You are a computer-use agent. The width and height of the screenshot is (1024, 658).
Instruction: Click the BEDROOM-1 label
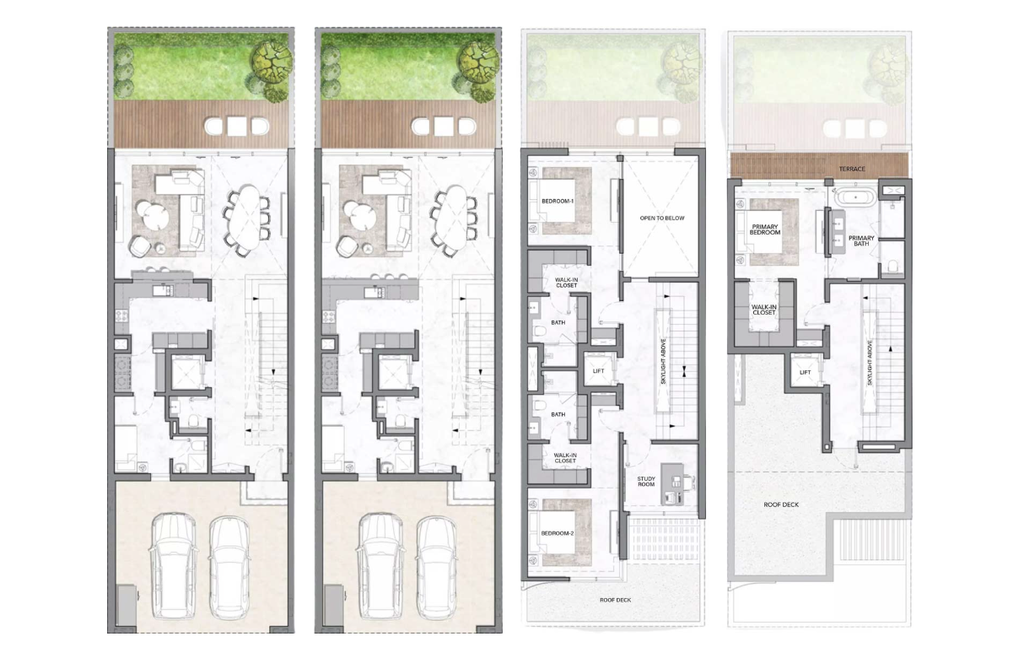click(558, 201)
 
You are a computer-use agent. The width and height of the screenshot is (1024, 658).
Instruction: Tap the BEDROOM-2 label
click(558, 533)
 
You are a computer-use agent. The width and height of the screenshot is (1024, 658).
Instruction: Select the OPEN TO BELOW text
click(662, 218)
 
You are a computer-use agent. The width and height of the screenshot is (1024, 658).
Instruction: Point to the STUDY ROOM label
click(646, 482)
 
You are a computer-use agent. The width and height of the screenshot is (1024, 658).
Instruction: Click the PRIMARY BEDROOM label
click(765, 229)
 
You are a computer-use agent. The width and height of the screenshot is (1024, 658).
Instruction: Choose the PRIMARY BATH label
click(861, 241)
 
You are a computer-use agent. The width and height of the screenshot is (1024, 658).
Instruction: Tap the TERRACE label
click(852, 170)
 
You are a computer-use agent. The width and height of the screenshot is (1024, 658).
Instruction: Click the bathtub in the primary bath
click(855, 197)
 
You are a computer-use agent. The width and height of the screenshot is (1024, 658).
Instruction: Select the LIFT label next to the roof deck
click(805, 373)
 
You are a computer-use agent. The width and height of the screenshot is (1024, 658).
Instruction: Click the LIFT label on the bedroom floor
click(598, 371)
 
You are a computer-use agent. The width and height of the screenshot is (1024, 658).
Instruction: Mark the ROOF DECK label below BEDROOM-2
click(615, 600)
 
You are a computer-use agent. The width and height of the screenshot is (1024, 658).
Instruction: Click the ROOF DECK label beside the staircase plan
click(781, 504)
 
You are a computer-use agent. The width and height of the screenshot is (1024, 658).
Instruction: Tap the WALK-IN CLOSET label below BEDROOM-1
click(566, 283)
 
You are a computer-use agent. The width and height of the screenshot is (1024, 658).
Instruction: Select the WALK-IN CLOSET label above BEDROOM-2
click(565, 458)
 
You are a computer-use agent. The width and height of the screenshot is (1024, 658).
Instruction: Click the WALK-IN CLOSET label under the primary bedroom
click(764, 310)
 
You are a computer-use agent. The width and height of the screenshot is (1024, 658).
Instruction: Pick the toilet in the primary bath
click(892, 266)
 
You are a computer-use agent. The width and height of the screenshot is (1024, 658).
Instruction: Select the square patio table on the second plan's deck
click(444, 127)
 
